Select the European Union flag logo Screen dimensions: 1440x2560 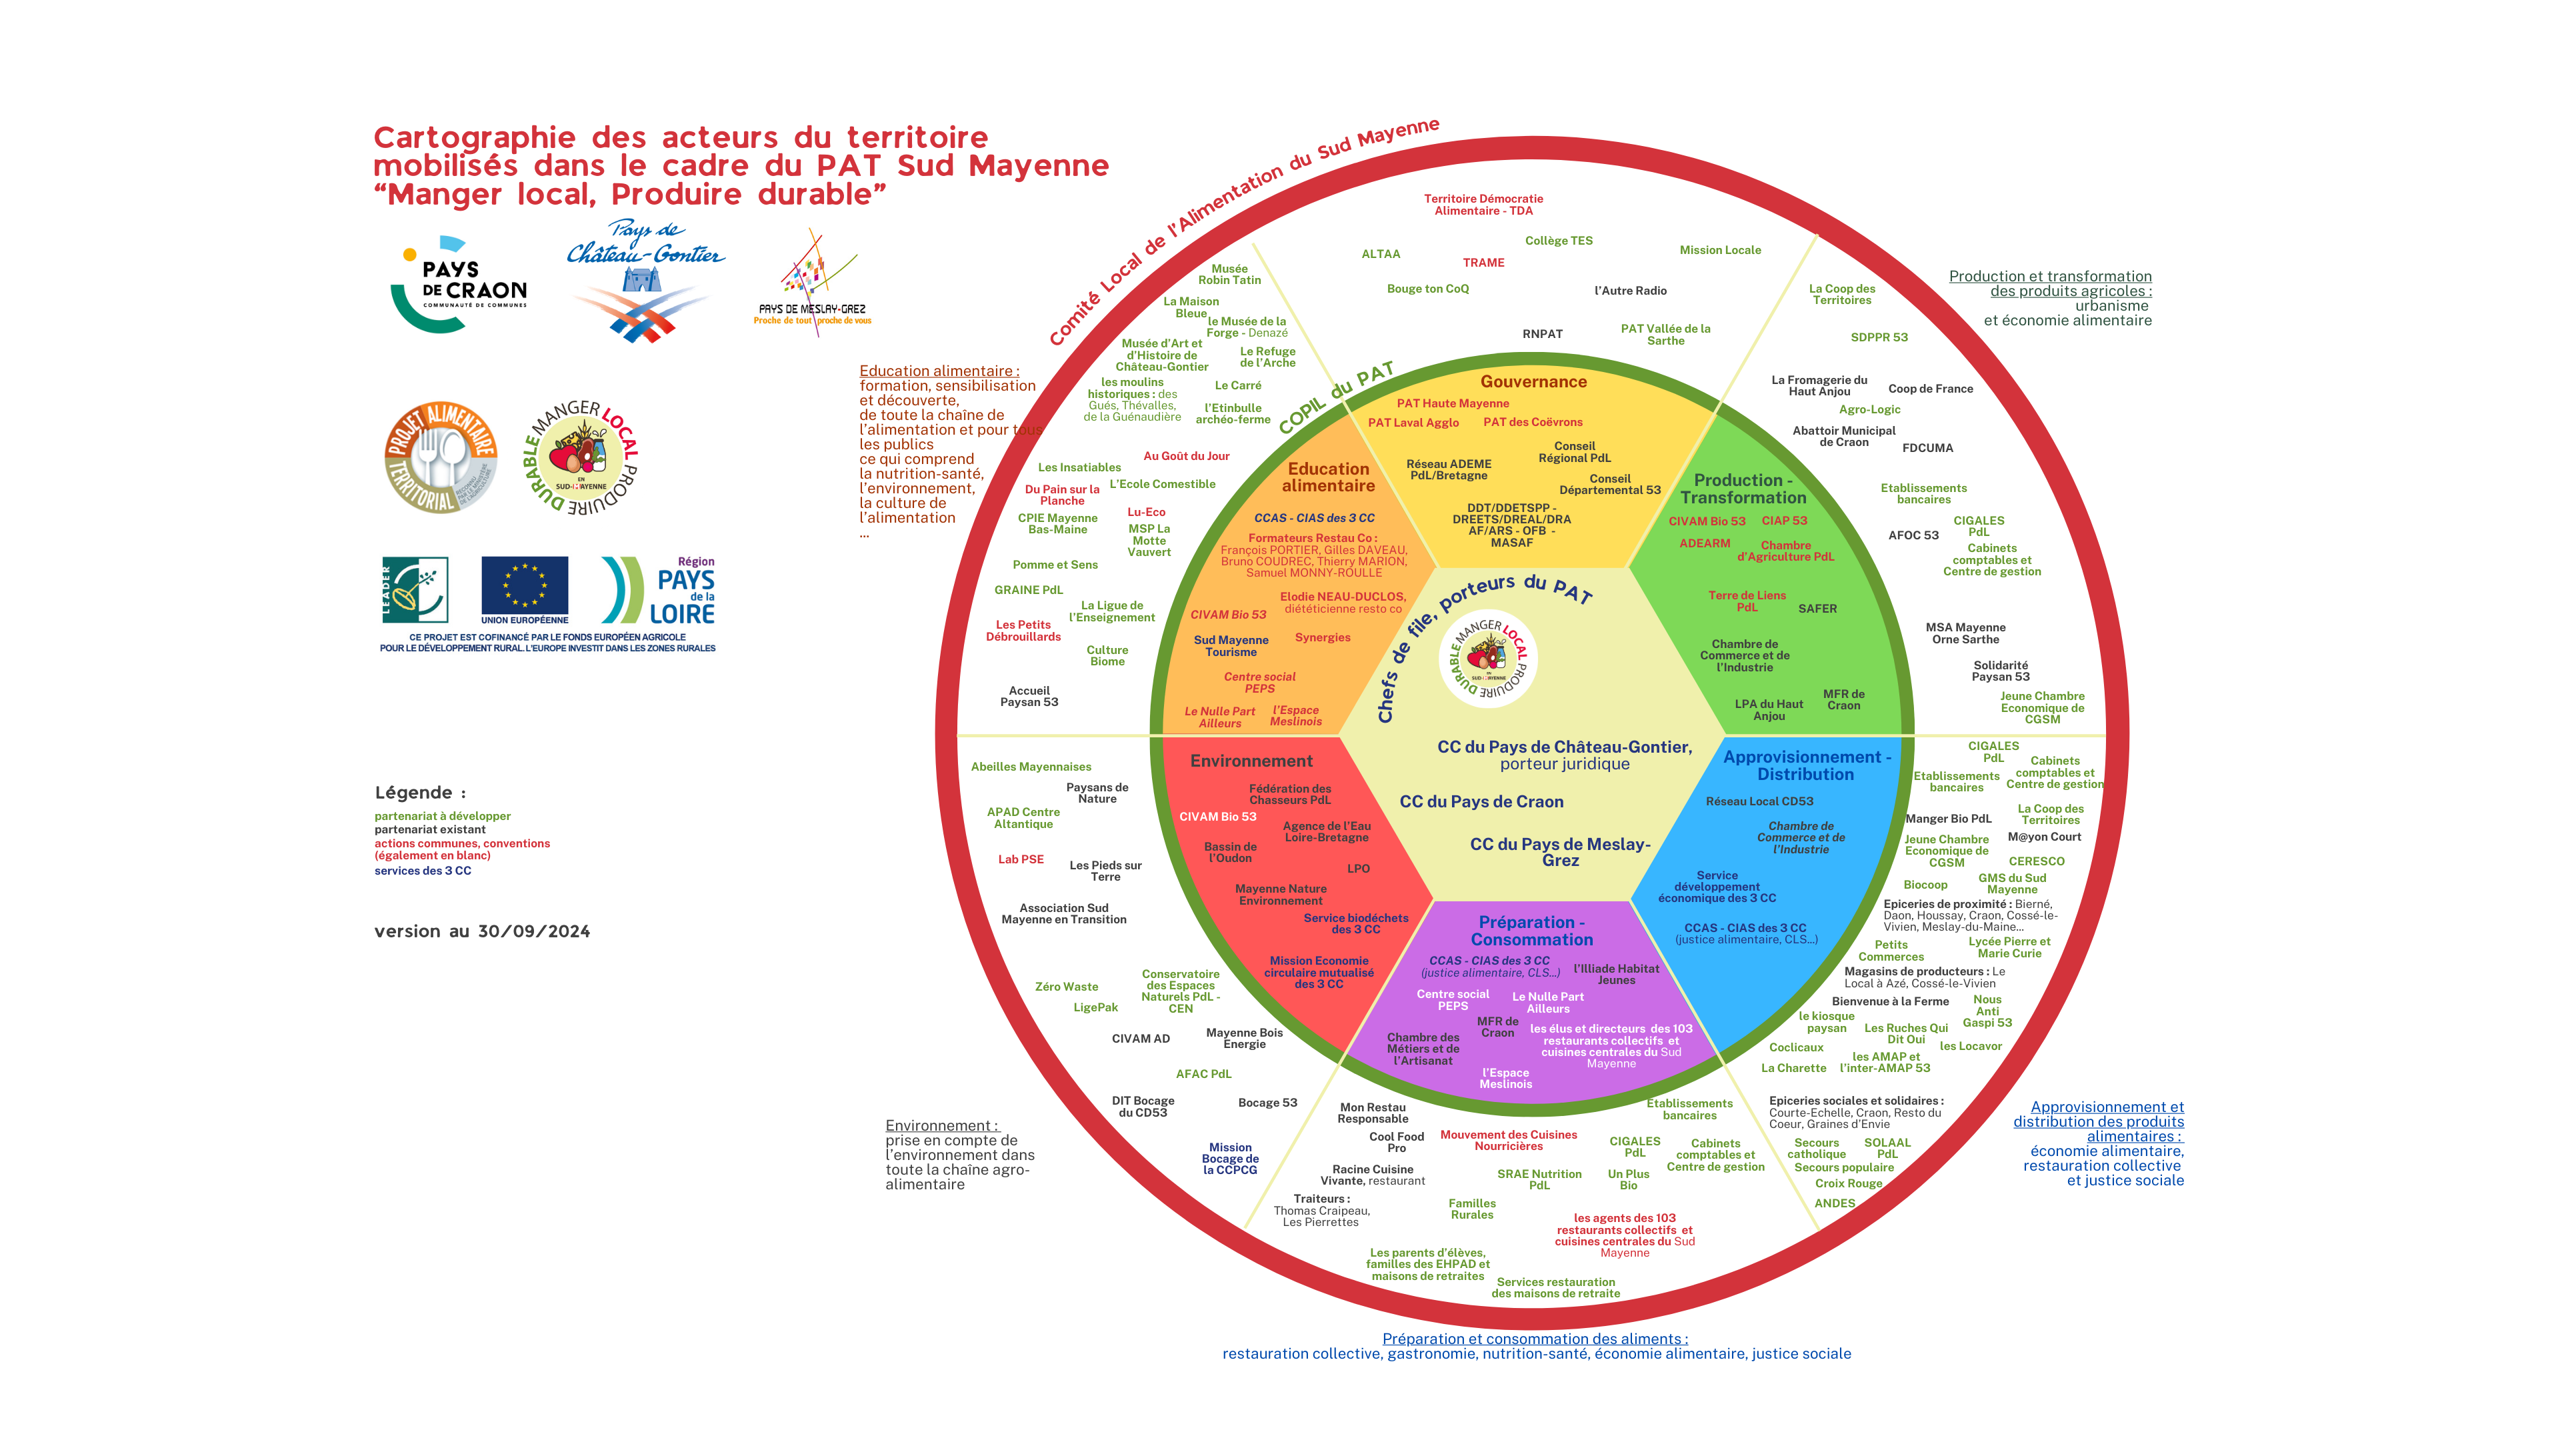tap(525, 589)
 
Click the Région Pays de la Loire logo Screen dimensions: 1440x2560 tap(659, 590)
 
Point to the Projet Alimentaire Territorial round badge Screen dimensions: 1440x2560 tap(440, 457)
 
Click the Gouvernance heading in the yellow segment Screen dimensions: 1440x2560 tap(1533, 381)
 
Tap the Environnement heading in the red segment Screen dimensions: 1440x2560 tap(1251, 761)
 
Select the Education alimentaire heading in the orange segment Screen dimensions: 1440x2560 tap(1329, 477)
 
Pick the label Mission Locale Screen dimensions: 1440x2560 tap(1719, 251)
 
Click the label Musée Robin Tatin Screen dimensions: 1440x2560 tap(1229, 274)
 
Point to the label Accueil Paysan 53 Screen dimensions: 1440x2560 tap(1029, 697)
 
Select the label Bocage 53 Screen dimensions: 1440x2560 tap(1267, 1103)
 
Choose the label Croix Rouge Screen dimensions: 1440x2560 tap(1849, 1183)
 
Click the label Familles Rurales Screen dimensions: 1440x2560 tap(1472, 1209)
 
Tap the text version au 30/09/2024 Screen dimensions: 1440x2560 tap(482, 931)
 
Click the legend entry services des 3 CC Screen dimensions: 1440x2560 tap(423, 871)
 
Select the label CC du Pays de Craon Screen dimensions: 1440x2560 tap(1481, 802)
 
